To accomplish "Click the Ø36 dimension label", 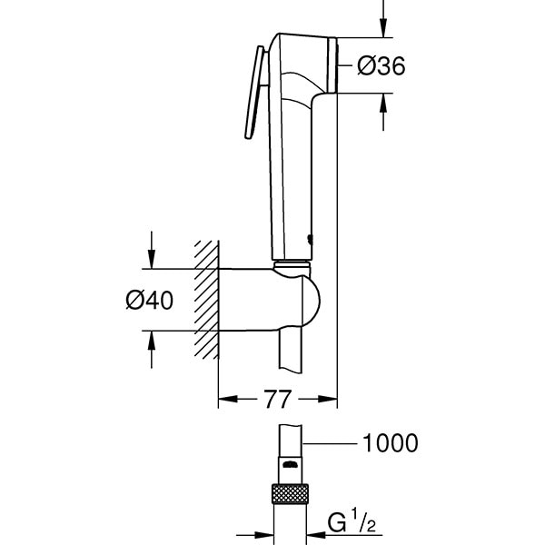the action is click(x=381, y=65).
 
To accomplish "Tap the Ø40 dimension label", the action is click(x=150, y=301).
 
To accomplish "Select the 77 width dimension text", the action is click(x=277, y=399).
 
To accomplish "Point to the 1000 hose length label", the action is click(x=390, y=443).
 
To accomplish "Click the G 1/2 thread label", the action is click(x=352, y=520).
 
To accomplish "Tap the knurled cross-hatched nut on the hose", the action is click(x=291, y=493).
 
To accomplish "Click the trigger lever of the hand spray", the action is click(x=256, y=93).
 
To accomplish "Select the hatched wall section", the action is click(x=206, y=300).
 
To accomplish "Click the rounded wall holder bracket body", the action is click(x=269, y=300).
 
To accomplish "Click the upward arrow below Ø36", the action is click(x=383, y=112).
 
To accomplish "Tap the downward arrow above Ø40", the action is click(x=151, y=250).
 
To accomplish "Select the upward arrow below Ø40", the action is click(x=151, y=350).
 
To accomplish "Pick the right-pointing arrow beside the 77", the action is click(x=318, y=399).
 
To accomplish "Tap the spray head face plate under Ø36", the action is click(x=332, y=65).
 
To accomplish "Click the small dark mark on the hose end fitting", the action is click(x=290, y=464).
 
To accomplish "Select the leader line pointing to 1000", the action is click(x=330, y=443).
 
